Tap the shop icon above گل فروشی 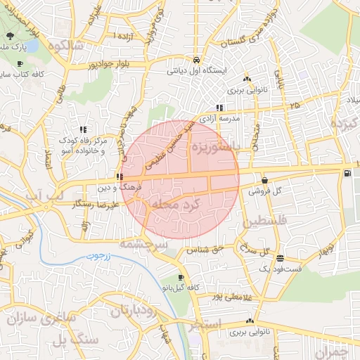pos(264,180)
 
